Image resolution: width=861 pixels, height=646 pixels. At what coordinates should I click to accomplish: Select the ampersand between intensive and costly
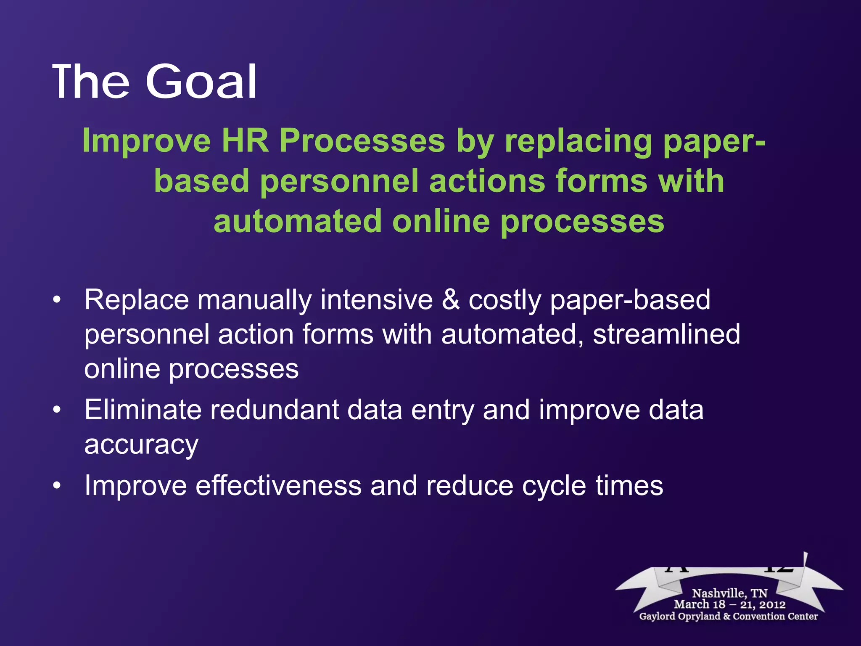(x=451, y=300)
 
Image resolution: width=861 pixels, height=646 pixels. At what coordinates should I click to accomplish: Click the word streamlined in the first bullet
(x=666, y=335)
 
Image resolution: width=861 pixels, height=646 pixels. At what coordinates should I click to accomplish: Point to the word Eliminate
(x=143, y=410)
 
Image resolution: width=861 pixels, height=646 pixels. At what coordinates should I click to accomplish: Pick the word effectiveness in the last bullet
(x=278, y=486)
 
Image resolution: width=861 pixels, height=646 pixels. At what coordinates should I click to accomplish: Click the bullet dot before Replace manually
(x=57, y=300)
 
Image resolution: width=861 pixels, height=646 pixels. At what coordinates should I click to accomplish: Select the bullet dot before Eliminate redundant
(x=57, y=410)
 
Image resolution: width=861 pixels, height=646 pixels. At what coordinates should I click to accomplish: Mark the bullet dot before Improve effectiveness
(x=57, y=486)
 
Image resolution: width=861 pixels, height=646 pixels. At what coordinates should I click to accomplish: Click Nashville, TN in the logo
(x=729, y=593)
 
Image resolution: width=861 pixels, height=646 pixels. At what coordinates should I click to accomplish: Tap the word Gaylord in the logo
(x=658, y=617)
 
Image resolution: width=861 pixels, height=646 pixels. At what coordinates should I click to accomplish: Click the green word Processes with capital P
(x=362, y=141)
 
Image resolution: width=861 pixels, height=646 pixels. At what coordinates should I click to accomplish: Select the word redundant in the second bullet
(x=275, y=410)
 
